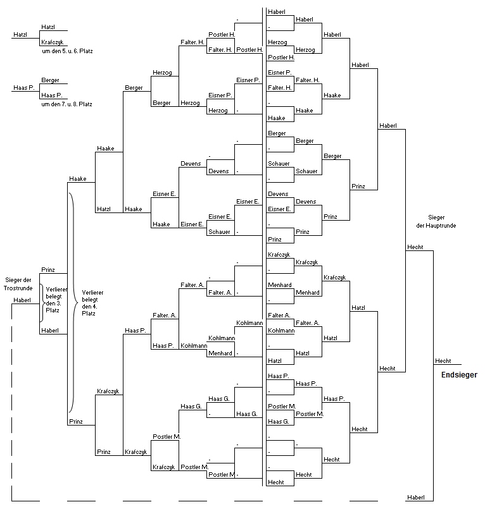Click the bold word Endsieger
[459, 375]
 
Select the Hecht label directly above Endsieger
[443, 361]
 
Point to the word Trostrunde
[18, 288]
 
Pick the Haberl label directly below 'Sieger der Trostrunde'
[22, 300]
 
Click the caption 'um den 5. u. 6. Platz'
[67, 51]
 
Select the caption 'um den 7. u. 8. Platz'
[66, 104]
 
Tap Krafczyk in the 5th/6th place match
[53, 42]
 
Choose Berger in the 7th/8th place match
[50, 80]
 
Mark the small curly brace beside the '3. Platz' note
[43, 304]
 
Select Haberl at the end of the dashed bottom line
[416, 498]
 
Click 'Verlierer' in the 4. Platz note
[92, 293]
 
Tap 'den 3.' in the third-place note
[53, 304]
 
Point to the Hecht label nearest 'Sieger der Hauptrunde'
[415, 247]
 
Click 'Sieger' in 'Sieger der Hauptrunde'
[436, 218]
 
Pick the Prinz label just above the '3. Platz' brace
[48, 270]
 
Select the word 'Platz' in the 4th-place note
[89, 314]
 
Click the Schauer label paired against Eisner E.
[219, 232]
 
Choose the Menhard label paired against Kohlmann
[220, 353]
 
